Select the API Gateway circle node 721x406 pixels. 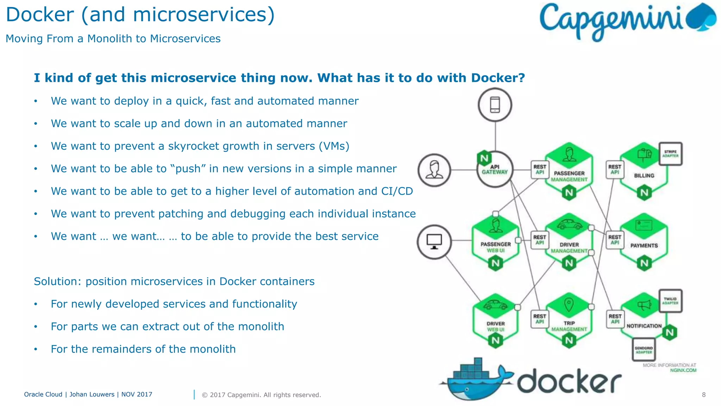[495, 170]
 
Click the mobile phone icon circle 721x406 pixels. [495, 105]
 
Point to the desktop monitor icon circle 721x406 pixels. [434, 242]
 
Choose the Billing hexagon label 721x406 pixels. [644, 176]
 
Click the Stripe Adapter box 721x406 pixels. [670, 154]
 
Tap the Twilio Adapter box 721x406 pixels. [670, 301]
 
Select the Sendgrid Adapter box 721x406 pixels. [644, 350]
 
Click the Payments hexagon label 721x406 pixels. [644, 246]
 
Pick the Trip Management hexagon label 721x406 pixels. [569, 326]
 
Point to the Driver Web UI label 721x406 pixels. [496, 326]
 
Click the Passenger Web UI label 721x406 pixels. [496, 247]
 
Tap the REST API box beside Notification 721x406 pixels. [615, 319]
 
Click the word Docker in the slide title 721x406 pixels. [40, 15]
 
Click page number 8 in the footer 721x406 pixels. [703, 395]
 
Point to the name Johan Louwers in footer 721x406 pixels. [92, 394]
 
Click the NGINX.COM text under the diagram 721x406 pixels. [683, 370]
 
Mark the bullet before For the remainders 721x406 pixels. [36, 349]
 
